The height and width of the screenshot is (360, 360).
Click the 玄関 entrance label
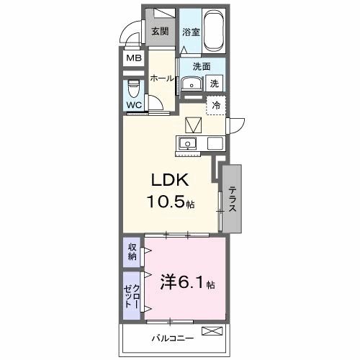160,31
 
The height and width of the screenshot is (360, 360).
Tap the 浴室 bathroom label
190,32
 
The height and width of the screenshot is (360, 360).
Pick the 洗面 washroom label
201,66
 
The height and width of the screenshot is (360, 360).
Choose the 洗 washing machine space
215,84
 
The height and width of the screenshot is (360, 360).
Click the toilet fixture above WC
134,89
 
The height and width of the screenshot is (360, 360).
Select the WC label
134,105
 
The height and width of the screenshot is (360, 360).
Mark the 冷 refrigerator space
216,105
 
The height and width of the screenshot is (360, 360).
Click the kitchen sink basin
188,143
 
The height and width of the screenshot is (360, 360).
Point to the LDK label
170,180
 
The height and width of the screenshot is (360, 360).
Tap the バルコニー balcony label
168,336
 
